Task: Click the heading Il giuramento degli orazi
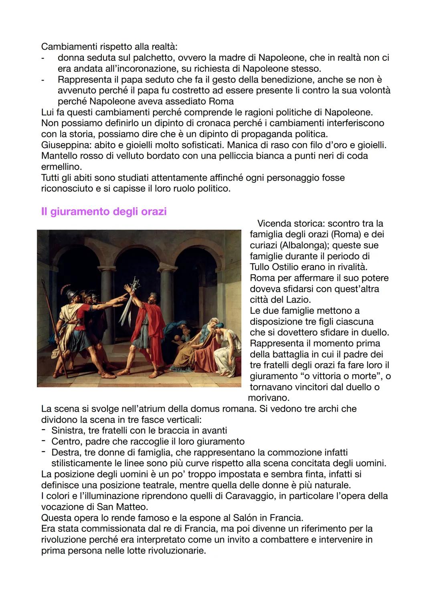point(103,212)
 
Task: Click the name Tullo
point(261,267)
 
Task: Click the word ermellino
point(61,166)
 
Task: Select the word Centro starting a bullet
point(65,441)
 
